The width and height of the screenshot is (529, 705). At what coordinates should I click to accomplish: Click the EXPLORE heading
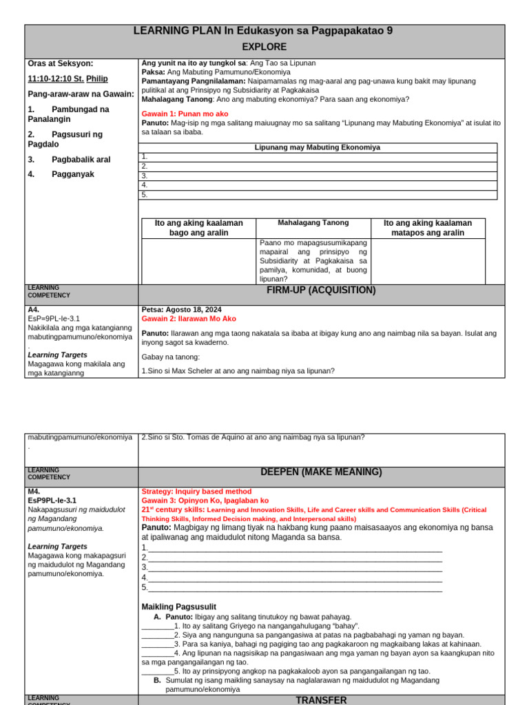click(264, 47)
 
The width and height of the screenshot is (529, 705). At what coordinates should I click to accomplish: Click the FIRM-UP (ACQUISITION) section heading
click(321, 291)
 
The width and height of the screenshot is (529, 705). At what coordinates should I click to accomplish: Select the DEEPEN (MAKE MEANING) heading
click(321, 472)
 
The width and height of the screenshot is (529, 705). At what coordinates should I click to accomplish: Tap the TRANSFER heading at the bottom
click(321, 699)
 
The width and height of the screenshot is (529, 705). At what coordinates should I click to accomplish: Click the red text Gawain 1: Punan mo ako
click(185, 114)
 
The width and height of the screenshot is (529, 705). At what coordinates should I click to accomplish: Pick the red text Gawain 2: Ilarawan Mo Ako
click(189, 319)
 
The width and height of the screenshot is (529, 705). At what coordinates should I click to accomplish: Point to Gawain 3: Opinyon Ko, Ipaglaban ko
click(205, 501)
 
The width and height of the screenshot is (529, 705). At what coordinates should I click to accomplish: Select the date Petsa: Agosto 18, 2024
click(181, 310)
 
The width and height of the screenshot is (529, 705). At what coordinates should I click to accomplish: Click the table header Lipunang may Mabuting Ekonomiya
click(318, 147)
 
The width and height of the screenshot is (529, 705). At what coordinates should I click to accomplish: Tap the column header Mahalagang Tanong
click(313, 223)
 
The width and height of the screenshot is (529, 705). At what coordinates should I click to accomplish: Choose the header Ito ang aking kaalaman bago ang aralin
click(198, 228)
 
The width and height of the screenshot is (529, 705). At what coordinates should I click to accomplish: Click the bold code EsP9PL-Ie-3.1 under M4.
click(52, 501)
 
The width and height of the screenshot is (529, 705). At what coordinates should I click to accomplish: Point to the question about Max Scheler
click(238, 371)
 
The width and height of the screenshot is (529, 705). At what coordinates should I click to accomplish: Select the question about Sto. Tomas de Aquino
click(253, 437)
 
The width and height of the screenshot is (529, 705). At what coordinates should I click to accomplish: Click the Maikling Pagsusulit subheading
click(178, 607)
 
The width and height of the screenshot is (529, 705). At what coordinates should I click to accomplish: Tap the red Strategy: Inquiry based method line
click(196, 492)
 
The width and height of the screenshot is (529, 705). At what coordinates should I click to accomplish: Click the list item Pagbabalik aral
click(81, 159)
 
